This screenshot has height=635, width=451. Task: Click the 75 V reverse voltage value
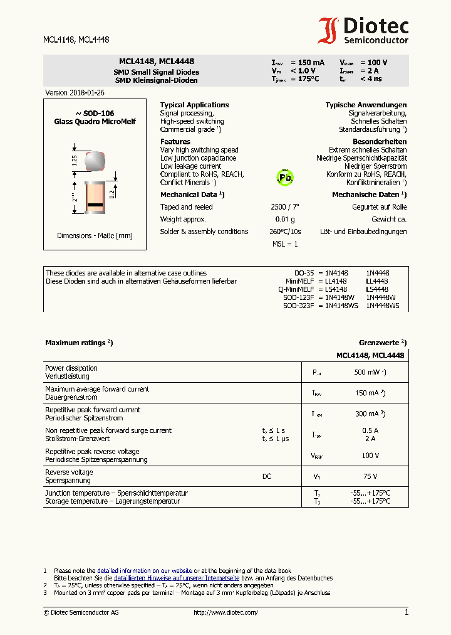[370, 476]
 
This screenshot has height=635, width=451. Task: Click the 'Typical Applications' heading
[194, 105]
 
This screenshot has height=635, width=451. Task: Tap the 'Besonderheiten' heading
[380, 142]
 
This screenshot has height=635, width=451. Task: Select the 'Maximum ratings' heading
[78, 343]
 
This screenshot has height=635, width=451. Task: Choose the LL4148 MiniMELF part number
[336, 281]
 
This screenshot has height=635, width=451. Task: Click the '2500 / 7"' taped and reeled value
[285, 207]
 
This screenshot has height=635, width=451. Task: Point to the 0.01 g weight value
[285, 220]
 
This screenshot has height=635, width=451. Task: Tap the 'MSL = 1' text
[285, 244]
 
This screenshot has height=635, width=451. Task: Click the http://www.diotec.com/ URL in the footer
[225, 612]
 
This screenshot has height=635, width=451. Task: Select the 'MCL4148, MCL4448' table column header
[370, 355]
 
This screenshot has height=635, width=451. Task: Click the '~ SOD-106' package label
[95, 114]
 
